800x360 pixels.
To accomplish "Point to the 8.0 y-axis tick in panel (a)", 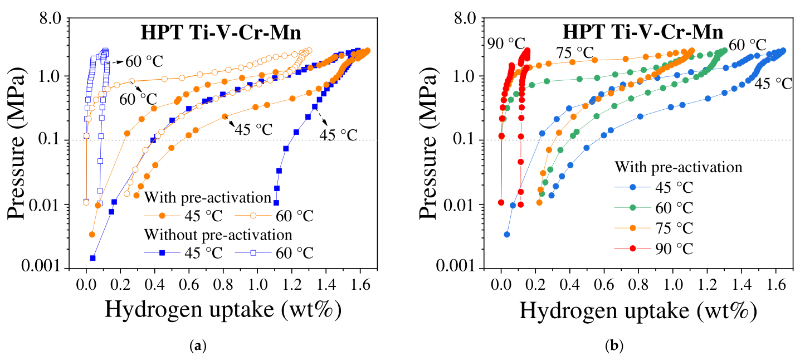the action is [50, 18].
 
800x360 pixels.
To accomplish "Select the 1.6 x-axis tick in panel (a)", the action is [359, 285].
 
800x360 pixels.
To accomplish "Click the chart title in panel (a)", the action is [221, 33].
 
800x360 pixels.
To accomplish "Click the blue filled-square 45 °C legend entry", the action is [183, 253].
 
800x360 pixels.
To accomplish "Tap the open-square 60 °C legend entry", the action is [274, 253].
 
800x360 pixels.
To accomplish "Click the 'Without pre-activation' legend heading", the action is [218, 235].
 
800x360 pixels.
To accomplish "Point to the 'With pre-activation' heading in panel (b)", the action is [678, 167].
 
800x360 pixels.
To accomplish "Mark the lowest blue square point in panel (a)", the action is [93, 258].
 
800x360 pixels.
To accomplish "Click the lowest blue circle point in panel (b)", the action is [507, 235].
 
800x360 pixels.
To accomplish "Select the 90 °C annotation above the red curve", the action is [506, 44].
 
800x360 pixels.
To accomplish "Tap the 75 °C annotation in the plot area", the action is [574, 53].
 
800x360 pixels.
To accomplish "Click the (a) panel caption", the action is [198, 346].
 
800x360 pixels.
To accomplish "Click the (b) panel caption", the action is [614, 346].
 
